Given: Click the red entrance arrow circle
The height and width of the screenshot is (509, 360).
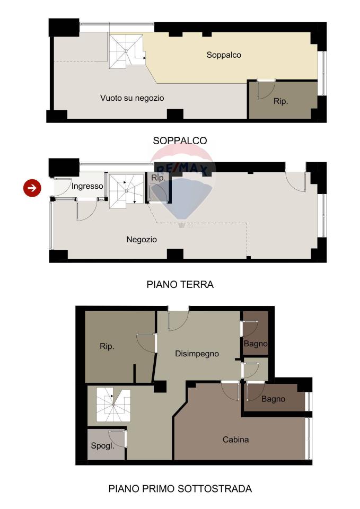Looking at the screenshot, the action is point(32,188).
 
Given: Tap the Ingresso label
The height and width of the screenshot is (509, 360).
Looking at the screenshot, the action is point(87,186).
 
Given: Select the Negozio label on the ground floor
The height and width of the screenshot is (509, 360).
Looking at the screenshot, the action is point(142,240).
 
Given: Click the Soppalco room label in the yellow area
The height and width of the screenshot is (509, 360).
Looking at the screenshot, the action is point(224,55).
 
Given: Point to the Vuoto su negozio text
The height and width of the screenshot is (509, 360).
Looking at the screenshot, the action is point(132,98).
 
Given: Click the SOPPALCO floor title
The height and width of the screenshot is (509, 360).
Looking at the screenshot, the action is point(180,141).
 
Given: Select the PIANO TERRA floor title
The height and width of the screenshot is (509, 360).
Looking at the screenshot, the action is point(180,284).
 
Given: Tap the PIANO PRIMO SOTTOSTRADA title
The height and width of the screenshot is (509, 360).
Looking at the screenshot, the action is point(180,488).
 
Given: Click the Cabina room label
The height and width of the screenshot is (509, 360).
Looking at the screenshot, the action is point(236,440).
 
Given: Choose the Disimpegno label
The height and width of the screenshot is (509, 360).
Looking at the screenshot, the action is point(197,354).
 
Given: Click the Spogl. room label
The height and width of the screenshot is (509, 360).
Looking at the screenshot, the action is point(102,446).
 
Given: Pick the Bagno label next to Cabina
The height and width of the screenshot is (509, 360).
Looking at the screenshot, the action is point(274,399).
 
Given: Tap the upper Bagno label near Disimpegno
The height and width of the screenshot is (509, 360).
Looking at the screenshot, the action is point(256,344).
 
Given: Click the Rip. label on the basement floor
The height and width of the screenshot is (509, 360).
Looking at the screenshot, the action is point(107,346).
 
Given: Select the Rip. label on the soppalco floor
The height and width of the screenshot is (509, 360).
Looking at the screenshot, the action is point(281,101).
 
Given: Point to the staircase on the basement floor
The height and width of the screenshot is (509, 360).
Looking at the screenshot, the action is point(113,406).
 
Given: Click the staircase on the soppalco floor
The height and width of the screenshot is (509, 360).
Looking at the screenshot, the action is point(126,51).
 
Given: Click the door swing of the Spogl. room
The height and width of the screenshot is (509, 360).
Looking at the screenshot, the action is point(117,439).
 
